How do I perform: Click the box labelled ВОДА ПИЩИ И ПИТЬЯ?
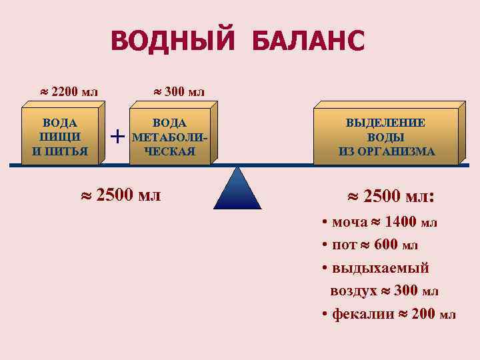(60, 137)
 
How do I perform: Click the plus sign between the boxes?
(117, 137)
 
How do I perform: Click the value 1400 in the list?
(402, 222)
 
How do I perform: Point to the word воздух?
(353, 291)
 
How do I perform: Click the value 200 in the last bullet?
(424, 315)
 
